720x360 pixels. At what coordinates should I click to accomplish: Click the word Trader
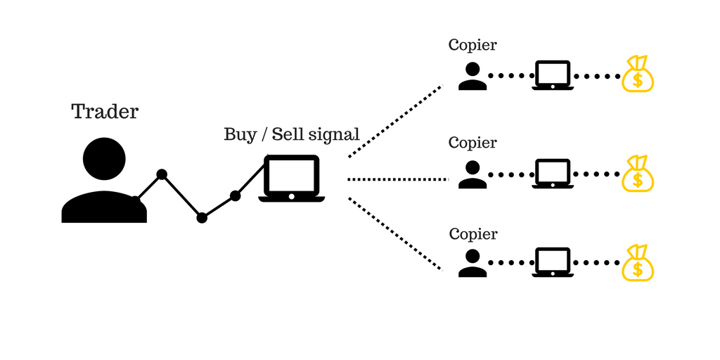click(x=105, y=111)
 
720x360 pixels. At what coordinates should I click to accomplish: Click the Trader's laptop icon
click(x=291, y=179)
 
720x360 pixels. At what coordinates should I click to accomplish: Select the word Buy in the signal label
click(x=240, y=134)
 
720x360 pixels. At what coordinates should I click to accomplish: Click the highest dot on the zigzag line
click(x=162, y=174)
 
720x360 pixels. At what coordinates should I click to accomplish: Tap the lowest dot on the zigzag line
click(x=202, y=218)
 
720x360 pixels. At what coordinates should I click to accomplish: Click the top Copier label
click(x=472, y=45)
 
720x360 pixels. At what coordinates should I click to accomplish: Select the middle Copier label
click(x=472, y=143)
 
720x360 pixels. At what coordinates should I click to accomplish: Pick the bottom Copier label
click(x=472, y=234)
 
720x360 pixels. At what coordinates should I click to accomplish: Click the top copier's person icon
click(x=472, y=76)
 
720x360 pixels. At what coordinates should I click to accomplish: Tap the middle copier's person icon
click(x=472, y=174)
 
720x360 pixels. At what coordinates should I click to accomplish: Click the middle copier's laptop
click(x=553, y=174)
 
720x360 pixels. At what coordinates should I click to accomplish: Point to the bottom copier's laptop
click(x=553, y=262)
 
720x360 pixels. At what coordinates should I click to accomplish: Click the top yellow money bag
click(x=638, y=75)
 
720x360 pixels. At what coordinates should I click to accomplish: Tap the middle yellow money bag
click(x=638, y=174)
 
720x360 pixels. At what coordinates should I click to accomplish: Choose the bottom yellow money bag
click(x=638, y=263)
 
